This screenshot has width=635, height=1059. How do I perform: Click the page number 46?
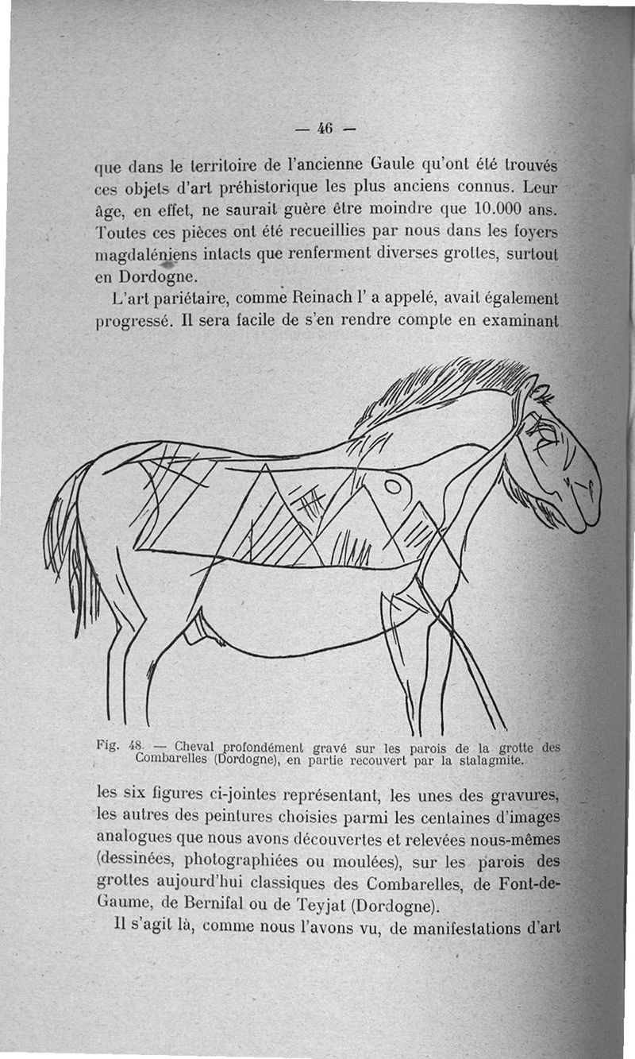tap(325, 127)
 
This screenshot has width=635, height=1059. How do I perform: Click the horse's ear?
tap(541, 392)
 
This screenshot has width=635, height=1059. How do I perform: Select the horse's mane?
tap(444, 389)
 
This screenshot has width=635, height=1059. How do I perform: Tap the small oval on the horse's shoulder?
tap(393, 485)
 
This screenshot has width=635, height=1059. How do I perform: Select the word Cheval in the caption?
tap(194, 747)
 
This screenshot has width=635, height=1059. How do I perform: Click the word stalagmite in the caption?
tap(487, 759)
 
